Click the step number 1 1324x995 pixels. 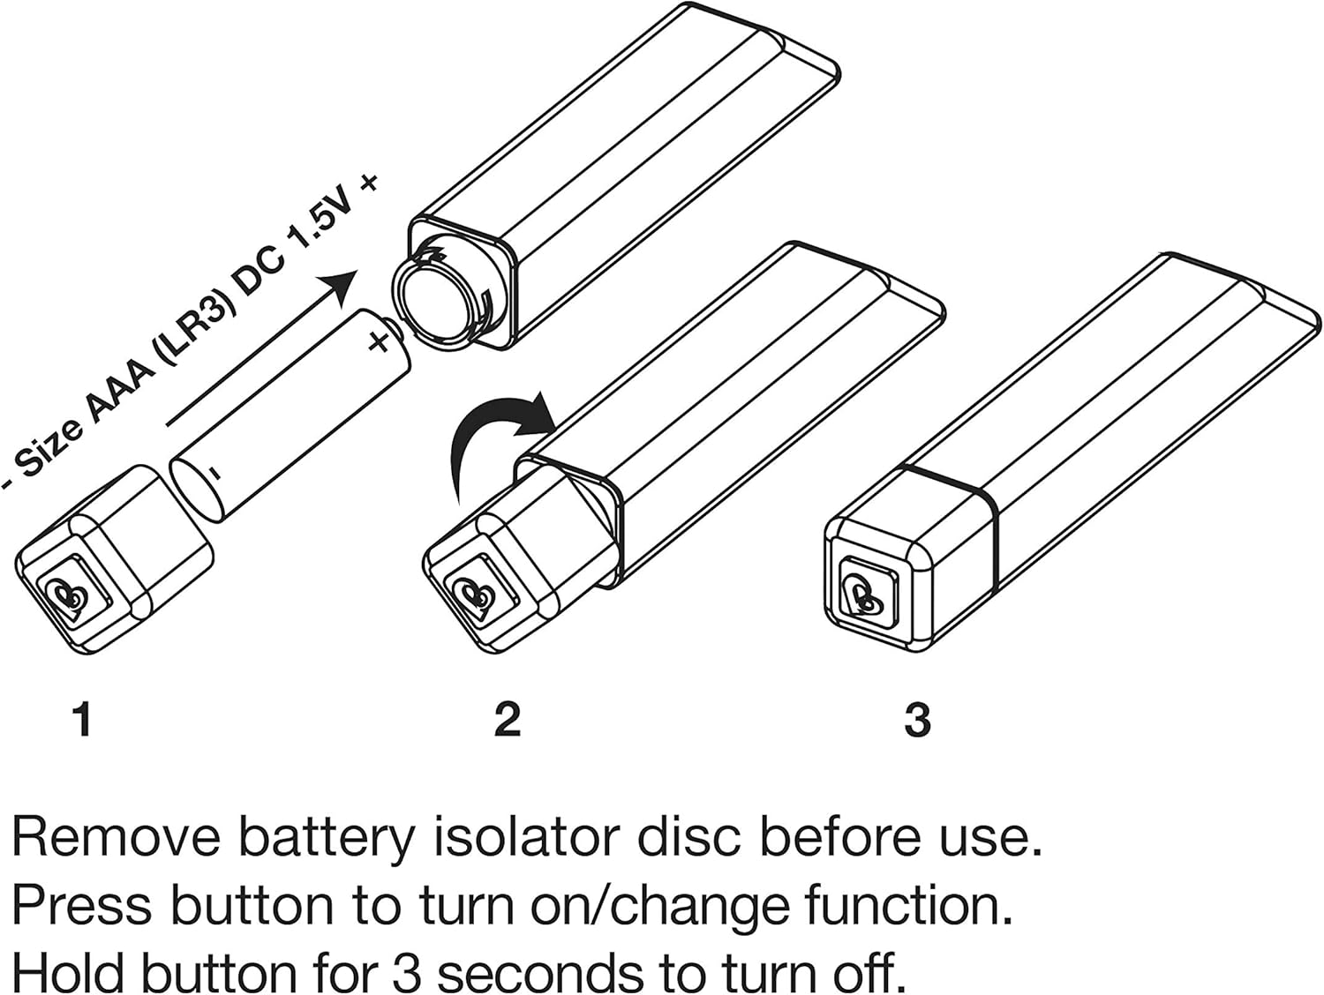[83, 720]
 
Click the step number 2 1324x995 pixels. [508, 720]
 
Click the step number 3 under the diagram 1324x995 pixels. [917, 720]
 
